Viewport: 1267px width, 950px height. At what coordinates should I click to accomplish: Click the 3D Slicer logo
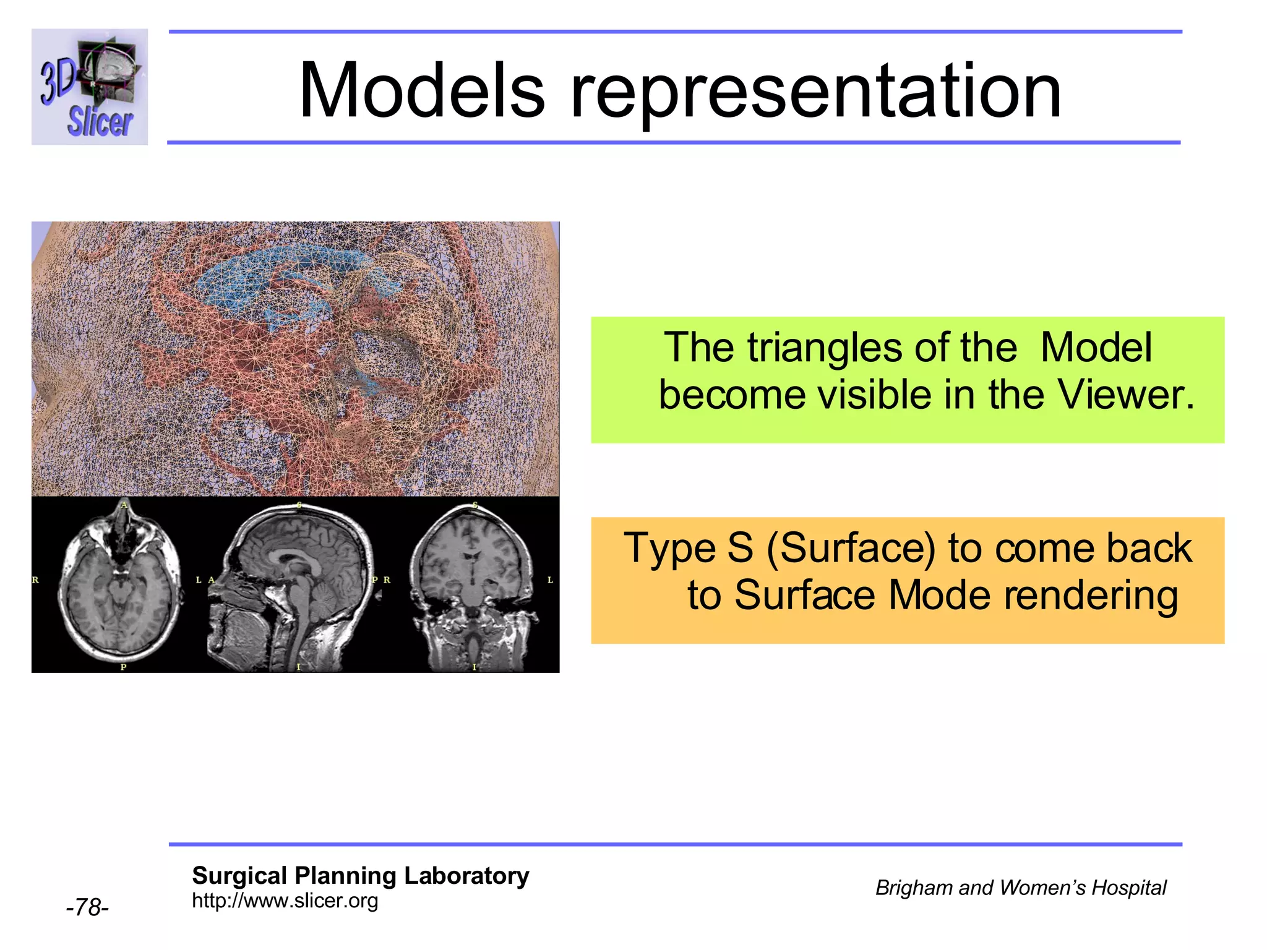[x=90, y=87]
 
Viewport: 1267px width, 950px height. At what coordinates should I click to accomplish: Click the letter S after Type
[x=741, y=548]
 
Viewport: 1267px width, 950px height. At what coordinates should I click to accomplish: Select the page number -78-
[x=87, y=907]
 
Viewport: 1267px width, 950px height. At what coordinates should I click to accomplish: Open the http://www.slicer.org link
[x=285, y=901]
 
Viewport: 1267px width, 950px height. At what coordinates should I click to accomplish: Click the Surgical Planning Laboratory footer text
[x=360, y=876]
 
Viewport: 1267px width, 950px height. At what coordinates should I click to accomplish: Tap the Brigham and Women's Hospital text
[x=1020, y=888]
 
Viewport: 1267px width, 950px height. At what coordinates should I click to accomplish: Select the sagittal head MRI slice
[x=294, y=588]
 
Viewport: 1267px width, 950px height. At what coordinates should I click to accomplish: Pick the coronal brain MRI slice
[x=473, y=588]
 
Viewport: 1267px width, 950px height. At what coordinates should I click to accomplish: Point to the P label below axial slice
[x=123, y=667]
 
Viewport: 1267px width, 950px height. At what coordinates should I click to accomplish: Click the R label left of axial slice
[x=35, y=580]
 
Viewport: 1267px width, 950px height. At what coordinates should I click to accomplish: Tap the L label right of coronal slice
[x=550, y=580]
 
